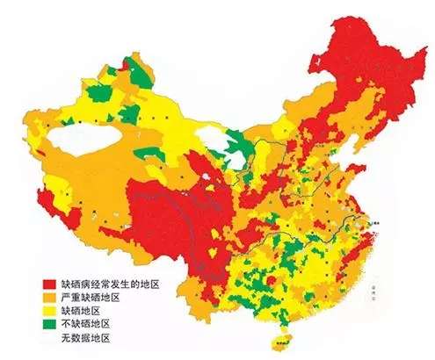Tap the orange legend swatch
(x=49, y=298)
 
